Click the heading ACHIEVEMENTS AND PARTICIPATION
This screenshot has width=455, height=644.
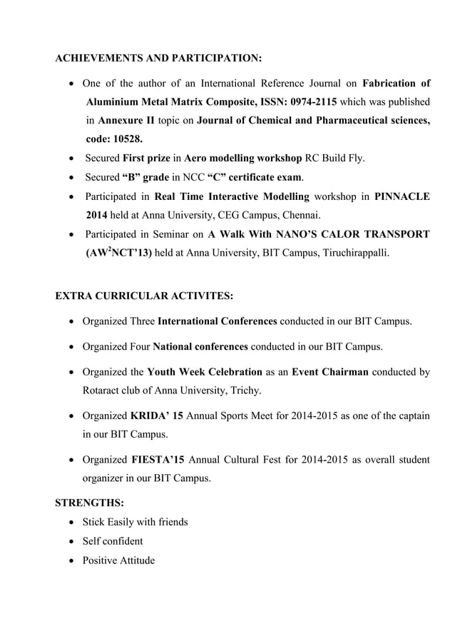coord(158,56)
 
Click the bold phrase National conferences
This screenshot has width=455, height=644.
coord(200,346)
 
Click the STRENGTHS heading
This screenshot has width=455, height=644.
coord(90,503)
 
